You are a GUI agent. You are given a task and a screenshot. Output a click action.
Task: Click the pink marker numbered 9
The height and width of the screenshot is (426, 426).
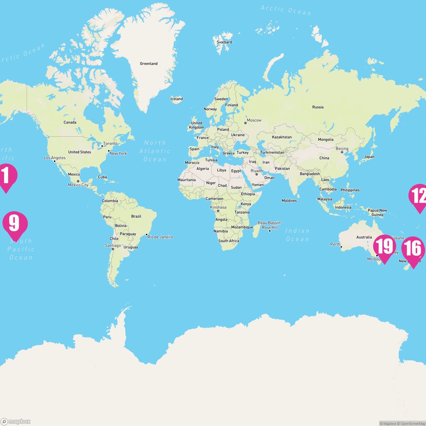(15, 224)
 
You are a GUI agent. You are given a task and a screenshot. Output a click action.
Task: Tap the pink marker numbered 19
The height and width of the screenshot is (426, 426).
(384, 247)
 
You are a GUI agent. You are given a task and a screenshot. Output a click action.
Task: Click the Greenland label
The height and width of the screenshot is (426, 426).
(149, 64)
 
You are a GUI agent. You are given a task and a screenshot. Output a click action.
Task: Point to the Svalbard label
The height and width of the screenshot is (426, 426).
(224, 42)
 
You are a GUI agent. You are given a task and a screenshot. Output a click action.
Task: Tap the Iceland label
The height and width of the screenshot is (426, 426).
(176, 99)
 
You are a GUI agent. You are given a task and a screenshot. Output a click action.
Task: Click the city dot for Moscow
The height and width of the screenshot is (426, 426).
(245, 123)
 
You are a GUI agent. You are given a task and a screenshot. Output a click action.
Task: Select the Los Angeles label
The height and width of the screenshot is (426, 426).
(55, 158)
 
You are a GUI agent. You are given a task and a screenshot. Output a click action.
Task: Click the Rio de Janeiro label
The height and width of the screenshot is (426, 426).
(160, 237)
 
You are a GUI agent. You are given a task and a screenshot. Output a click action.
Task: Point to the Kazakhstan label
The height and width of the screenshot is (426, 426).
(282, 137)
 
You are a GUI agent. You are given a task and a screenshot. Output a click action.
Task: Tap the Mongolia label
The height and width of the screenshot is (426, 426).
(326, 140)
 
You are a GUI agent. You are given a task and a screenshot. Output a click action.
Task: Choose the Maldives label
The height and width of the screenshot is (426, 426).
(289, 201)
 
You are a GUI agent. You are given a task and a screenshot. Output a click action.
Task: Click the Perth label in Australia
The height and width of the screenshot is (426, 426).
(335, 244)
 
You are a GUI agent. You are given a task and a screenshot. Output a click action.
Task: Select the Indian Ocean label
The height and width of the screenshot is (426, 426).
(297, 235)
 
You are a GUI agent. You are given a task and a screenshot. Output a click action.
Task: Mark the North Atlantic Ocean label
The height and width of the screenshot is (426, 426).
(155, 151)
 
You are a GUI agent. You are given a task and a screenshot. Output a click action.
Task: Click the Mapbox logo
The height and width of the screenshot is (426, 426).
(16, 421)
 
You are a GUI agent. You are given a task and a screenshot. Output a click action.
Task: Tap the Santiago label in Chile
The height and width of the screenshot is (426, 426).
(113, 246)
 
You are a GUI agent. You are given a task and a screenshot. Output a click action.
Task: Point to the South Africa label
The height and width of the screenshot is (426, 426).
(229, 241)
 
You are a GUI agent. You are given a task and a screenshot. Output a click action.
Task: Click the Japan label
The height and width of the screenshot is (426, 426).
(369, 157)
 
